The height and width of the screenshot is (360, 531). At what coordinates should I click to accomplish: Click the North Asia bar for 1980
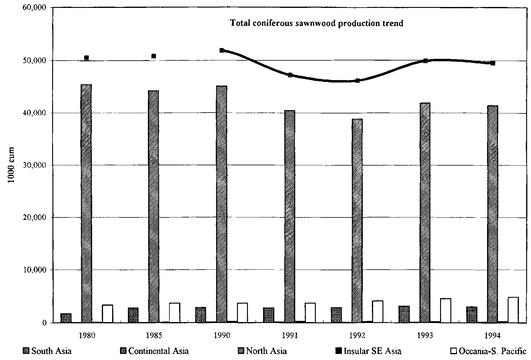coord(86,203)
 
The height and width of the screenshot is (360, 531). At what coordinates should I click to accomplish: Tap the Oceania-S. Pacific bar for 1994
coord(513,310)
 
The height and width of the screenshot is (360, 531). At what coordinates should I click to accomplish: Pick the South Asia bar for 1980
coord(66,318)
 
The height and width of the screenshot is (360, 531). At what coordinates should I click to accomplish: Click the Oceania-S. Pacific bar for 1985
coord(175,313)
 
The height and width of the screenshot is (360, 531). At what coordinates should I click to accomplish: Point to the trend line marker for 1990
coord(222,50)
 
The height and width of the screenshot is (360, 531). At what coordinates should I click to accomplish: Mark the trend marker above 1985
coord(154,56)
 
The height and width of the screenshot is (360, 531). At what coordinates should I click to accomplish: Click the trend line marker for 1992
coord(358,81)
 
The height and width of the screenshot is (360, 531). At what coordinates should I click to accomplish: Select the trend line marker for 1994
coord(493,63)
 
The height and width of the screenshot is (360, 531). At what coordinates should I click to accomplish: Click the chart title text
coord(317,23)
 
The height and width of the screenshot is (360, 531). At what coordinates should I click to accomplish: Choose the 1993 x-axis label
coord(425,335)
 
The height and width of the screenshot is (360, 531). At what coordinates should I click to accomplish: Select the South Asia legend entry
coord(48,351)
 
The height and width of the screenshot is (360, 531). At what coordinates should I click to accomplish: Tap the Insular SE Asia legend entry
coord(368,351)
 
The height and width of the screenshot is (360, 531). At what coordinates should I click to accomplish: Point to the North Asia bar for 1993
coord(425,212)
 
